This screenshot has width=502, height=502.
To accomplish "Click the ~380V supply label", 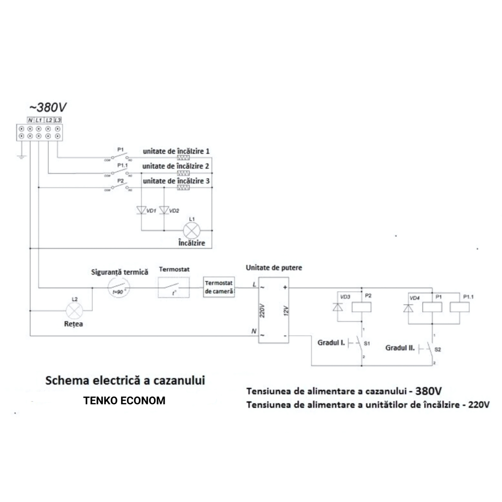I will click(47, 107).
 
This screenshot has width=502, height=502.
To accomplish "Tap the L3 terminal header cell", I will click(57, 120).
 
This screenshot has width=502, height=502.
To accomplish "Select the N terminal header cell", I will click(31, 120).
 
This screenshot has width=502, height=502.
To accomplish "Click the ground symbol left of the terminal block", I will click(22, 156).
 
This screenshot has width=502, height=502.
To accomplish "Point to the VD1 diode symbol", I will click(141, 209).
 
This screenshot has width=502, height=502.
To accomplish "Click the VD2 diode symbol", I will click(163, 209).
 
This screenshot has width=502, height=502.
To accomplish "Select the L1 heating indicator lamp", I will click(191, 230).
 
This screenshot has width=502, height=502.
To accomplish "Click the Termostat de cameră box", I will click(219, 288).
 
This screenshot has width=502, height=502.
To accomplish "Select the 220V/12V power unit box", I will click(274, 311).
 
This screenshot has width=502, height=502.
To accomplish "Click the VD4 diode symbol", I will click(407, 307).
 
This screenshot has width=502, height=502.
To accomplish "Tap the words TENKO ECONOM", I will click(124, 401).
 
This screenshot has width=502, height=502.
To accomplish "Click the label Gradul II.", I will click(400, 347).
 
